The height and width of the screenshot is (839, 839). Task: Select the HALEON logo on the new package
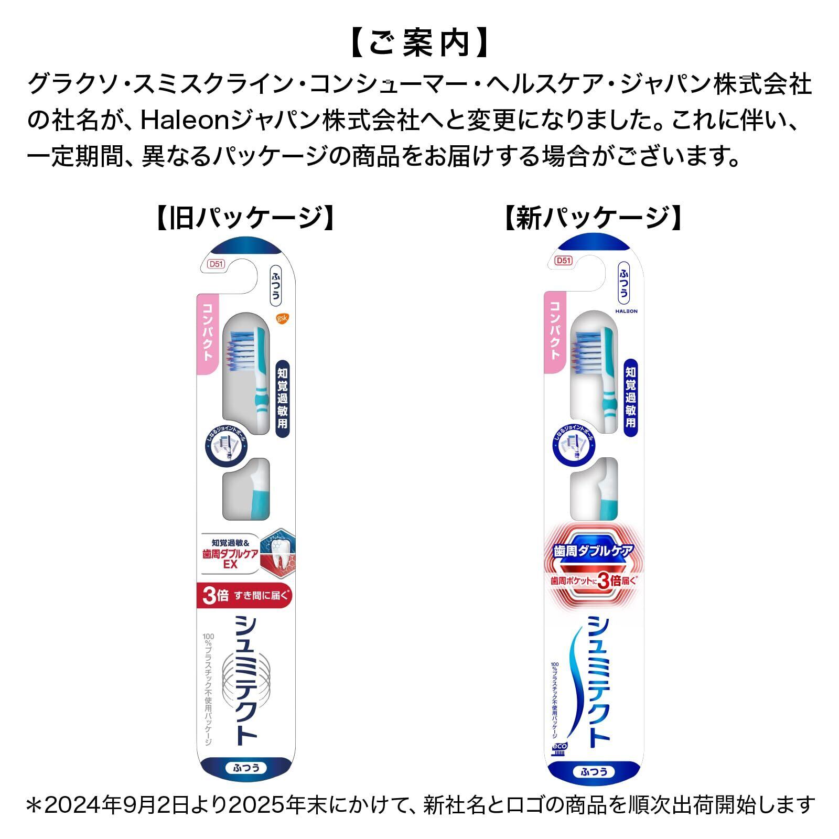click(626, 311)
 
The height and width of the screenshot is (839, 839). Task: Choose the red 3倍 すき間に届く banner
click(244, 596)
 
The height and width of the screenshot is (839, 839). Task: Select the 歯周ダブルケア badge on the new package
click(593, 551)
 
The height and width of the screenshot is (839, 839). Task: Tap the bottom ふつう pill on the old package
click(245, 769)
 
